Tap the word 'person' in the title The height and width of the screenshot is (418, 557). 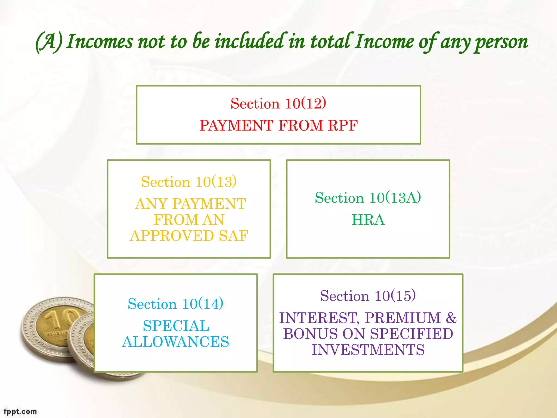(501, 43)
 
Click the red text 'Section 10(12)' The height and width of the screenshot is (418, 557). (278, 103)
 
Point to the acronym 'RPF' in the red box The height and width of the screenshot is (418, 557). (342, 126)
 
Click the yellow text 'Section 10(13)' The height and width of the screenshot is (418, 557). (189, 182)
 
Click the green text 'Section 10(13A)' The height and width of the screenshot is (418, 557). (368, 198)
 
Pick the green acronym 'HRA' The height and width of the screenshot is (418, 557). (368, 220)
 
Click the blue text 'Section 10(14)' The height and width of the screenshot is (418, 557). (175, 304)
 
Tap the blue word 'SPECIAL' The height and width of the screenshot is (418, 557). (176, 326)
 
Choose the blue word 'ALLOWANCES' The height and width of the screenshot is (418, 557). (175, 342)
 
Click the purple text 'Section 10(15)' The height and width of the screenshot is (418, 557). (368, 296)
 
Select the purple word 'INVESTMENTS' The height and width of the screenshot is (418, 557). (368, 350)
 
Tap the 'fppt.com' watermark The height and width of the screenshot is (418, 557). (20, 411)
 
